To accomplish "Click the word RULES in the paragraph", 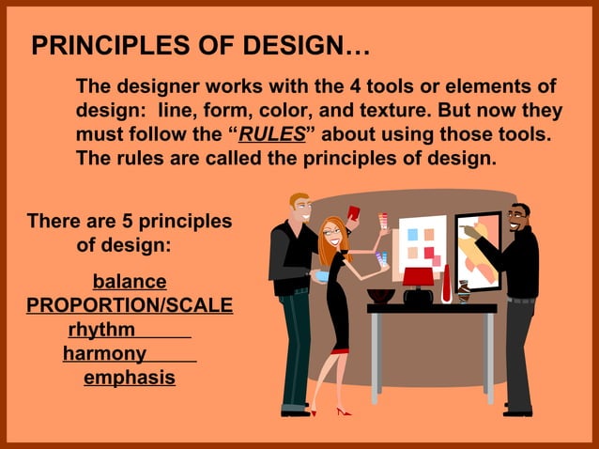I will [272, 134].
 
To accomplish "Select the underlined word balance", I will [130, 281].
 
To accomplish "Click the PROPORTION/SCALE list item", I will [130, 306].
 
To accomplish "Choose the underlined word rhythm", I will [102, 330].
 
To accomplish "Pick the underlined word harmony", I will [104, 354].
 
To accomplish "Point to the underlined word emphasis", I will [130, 378].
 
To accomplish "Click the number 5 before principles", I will [127, 222].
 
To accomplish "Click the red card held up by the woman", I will [354, 213].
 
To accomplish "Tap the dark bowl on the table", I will [380, 296].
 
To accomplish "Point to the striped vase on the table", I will [463, 292].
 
